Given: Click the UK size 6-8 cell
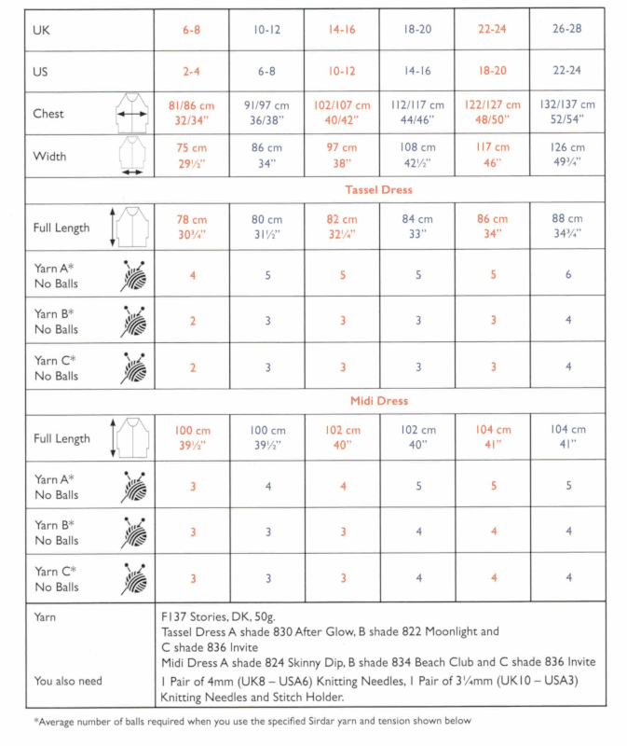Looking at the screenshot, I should pyautogui.click(x=191, y=30).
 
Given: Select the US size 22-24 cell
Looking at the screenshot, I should pyautogui.click(x=567, y=71).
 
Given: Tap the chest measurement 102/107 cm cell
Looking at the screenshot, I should pyautogui.click(x=341, y=113).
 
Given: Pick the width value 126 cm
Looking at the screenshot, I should pyautogui.click(x=567, y=155).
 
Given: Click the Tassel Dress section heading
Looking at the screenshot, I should pyautogui.click(x=378, y=190).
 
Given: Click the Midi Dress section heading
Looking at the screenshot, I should pyautogui.click(x=378, y=401).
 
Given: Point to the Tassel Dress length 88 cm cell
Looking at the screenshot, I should pyautogui.click(x=567, y=227).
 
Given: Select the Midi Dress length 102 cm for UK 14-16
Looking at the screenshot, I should pyautogui.click(x=342, y=437).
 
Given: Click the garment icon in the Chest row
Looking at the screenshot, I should pyautogui.click(x=132, y=114).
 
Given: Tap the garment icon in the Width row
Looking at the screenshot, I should pyautogui.click(x=132, y=156).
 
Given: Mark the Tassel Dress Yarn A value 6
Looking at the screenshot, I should pyautogui.click(x=567, y=275).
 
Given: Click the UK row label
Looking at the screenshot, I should pyautogui.click(x=41, y=30).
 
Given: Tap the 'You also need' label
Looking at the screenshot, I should pyautogui.click(x=68, y=681).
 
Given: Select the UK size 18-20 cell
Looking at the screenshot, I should pyautogui.click(x=417, y=30).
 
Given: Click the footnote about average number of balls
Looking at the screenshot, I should pyautogui.click(x=252, y=721).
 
